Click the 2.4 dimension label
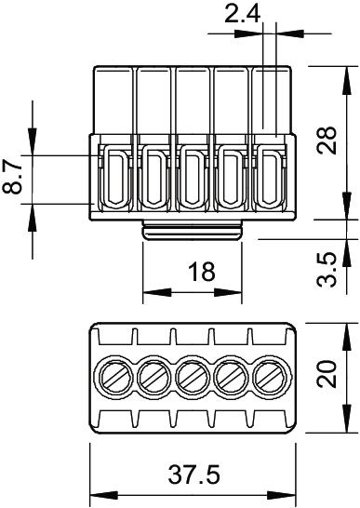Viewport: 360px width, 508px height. pos(243,14)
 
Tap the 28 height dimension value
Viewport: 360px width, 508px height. pos(327,140)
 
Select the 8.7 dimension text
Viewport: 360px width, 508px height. pos(12,178)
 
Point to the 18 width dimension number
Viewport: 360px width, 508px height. pos(202,272)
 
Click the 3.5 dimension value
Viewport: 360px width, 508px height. pos(327,270)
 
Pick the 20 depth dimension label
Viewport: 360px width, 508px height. pos(327,373)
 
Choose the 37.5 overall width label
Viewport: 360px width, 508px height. pos(193,475)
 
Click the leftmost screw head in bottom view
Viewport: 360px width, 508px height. pos(113,376)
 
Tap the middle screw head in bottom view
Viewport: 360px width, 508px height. pos(193,376)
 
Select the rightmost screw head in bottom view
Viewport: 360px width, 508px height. pos(272,376)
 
